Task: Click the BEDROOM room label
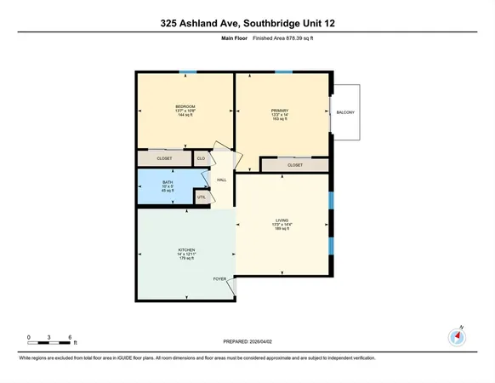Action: [x=185, y=106]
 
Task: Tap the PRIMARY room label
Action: [x=280, y=110]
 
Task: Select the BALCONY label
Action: [x=344, y=112]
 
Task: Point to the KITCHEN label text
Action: [x=186, y=250]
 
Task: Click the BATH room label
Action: [x=168, y=181]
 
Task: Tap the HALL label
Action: [x=221, y=180]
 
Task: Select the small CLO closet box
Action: [x=202, y=158]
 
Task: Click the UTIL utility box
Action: [x=202, y=197]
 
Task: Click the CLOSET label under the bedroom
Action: [x=164, y=158]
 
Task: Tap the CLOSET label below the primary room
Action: [x=295, y=165]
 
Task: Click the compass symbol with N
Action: [x=458, y=337]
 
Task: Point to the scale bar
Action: [x=49, y=343]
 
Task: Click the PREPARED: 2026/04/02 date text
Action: [x=247, y=344]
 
